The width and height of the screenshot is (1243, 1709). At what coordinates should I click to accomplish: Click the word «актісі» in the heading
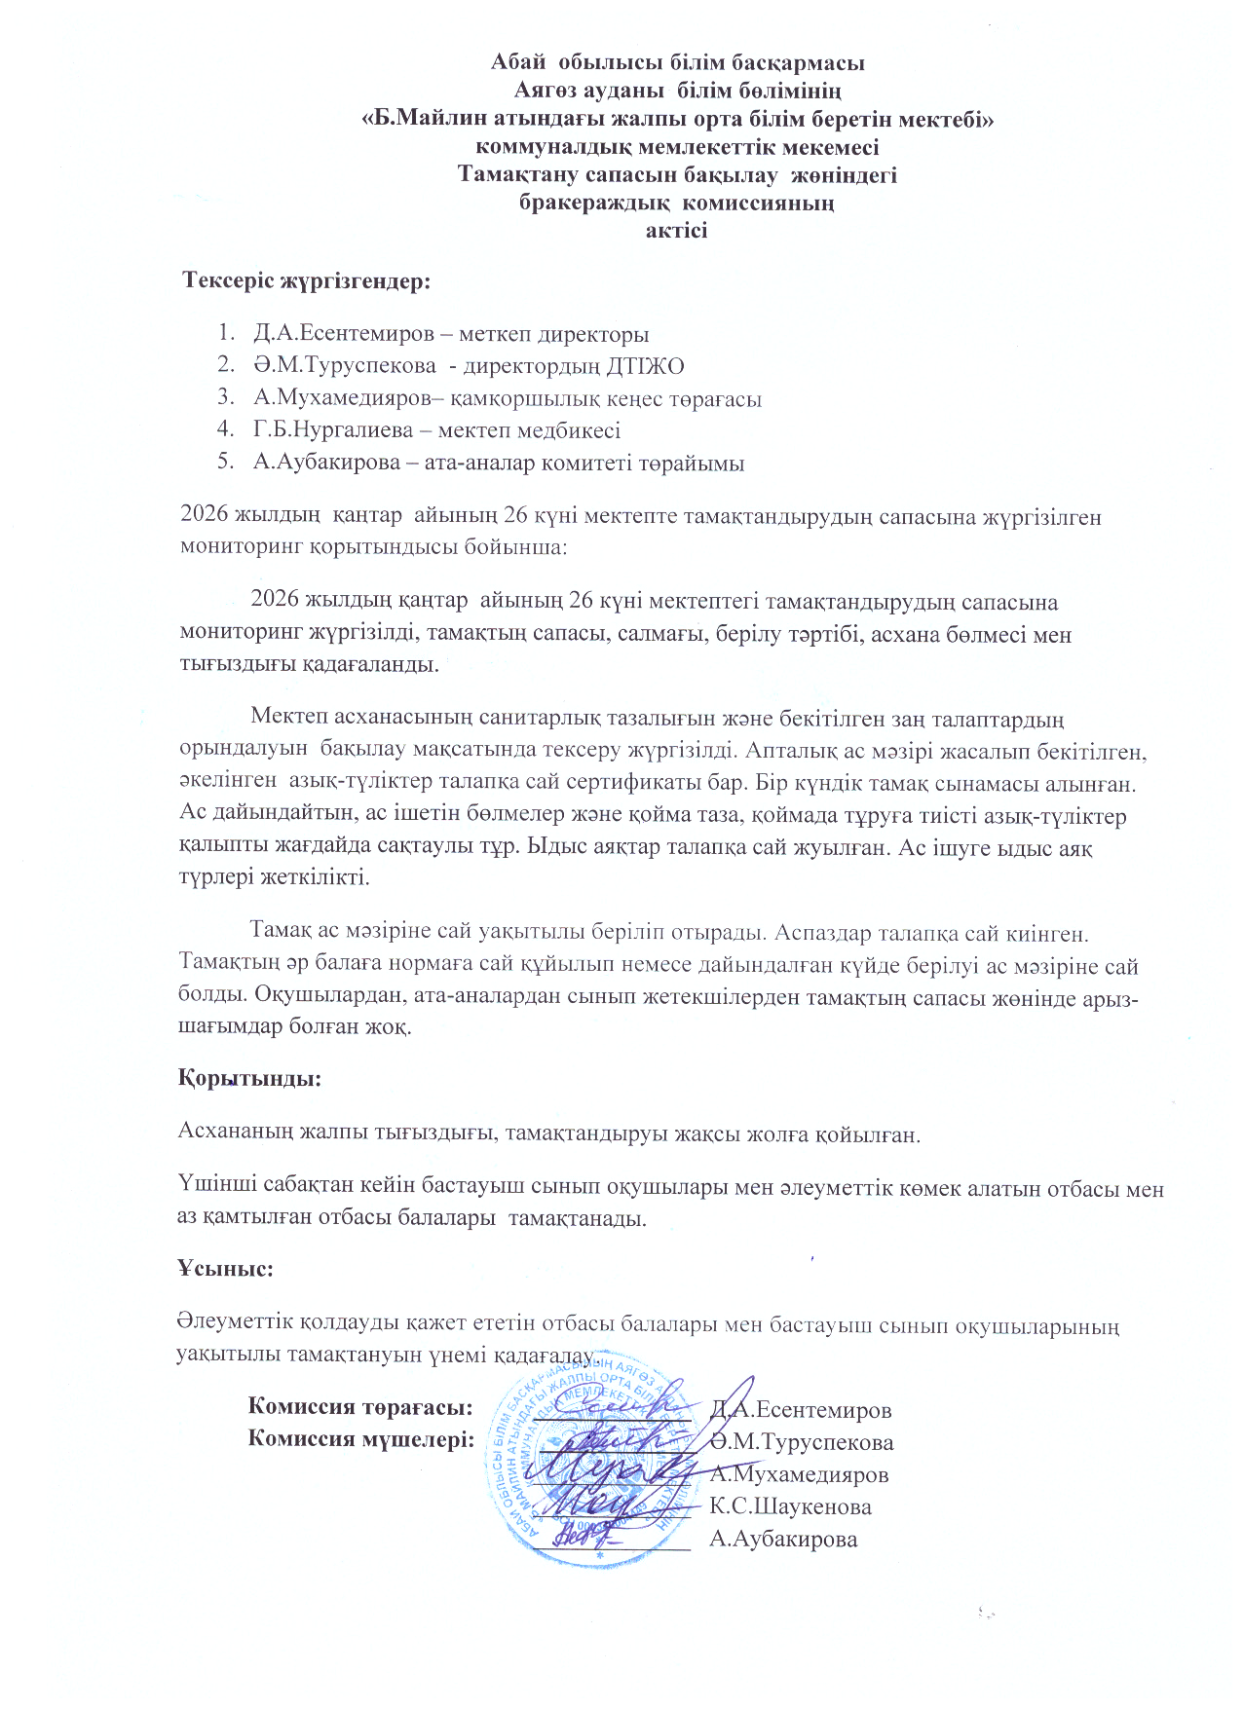(676, 231)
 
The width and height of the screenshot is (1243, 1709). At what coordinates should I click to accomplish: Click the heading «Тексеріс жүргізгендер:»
(307, 282)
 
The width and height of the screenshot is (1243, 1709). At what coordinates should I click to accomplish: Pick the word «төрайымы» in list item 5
(697, 463)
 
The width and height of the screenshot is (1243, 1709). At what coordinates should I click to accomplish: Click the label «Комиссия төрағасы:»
(360, 1407)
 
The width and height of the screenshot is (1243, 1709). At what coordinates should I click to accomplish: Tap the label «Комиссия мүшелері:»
(360, 1439)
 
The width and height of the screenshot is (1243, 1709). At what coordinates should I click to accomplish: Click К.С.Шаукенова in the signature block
(790, 1506)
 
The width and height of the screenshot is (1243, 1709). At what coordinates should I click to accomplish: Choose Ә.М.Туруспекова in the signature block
(802, 1441)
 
